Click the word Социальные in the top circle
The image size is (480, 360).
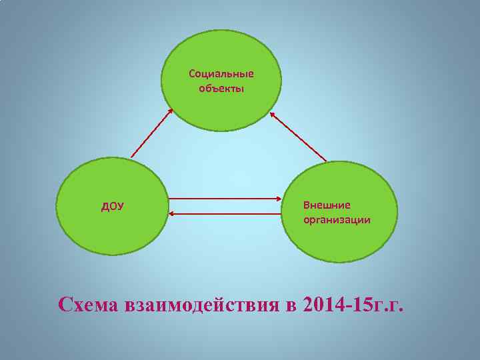pyautogui.click(x=221, y=73)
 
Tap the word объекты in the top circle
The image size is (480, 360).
pyautogui.click(x=221, y=88)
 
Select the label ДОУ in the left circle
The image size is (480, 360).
pyautogui.click(x=112, y=206)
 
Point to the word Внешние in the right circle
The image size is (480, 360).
pyautogui.click(x=327, y=205)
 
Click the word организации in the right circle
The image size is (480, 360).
pyautogui.click(x=337, y=219)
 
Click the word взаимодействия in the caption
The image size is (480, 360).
pyautogui.click(x=201, y=305)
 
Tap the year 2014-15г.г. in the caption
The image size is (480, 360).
pyautogui.click(x=353, y=305)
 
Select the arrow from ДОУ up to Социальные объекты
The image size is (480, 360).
pyautogui.click(x=152, y=133)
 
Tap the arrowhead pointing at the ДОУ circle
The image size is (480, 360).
pyautogui.click(x=170, y=213)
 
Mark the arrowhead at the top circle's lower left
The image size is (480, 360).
pyautogui.click(x=171, y=111)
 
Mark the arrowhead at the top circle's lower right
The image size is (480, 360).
pyautogui.click(x=272, y=114)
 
